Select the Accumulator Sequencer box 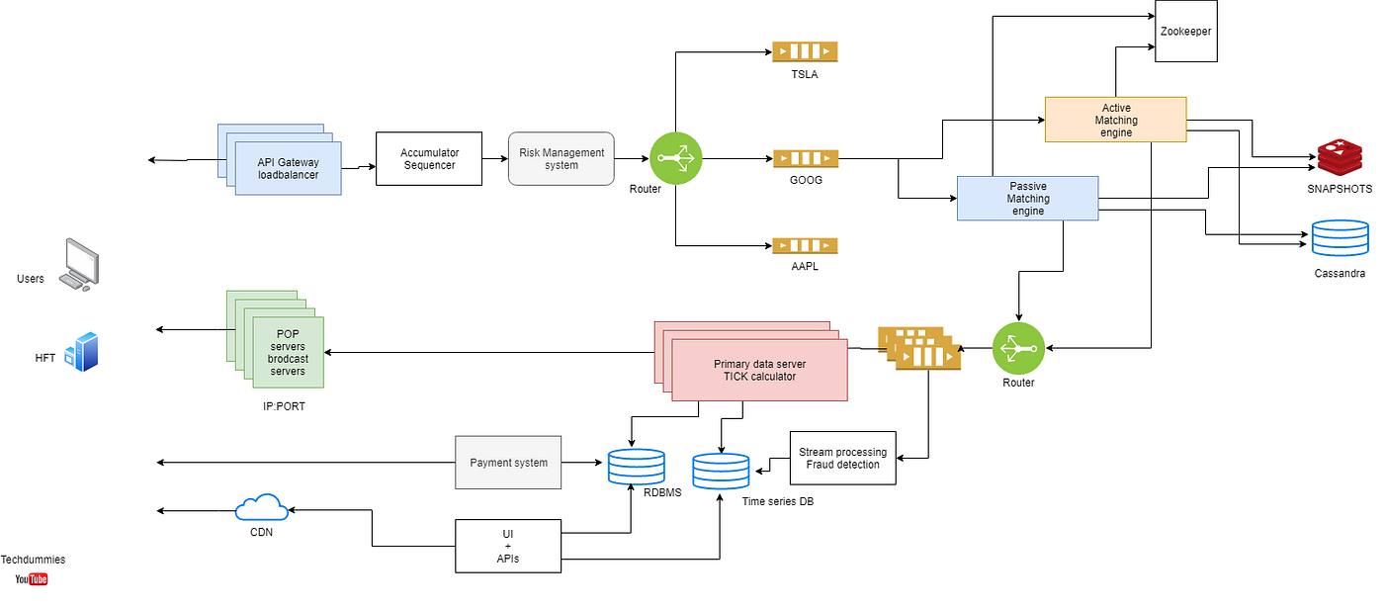(429, 158)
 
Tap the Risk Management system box (562, 158)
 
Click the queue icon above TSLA (805, 51)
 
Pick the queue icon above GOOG (805, 158)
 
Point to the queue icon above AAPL (805, 245)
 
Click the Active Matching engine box (1115, 121)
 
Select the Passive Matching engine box (1028, 198)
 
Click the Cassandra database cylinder (1340, 238)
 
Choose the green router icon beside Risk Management (675, 158)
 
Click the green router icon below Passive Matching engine (1018, 348)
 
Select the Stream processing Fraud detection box (842, 458)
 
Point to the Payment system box (508, 462)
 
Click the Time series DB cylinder (721, 472)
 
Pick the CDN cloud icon (262, 508)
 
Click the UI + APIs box (508, 546)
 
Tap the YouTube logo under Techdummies (32, 579)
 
